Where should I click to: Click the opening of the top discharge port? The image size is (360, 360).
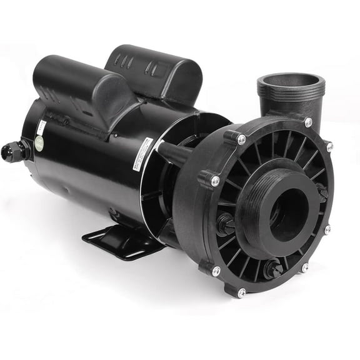(x=291, y=82)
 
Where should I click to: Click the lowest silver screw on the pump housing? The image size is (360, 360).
(x=241, y=292)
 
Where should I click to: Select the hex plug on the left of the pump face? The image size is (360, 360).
(x=224, y=224)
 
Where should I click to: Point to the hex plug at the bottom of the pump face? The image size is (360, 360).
(x=272, y=271)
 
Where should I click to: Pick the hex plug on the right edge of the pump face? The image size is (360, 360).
(x=321, y=192)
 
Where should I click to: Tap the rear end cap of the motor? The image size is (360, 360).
(x=28, y=144)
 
